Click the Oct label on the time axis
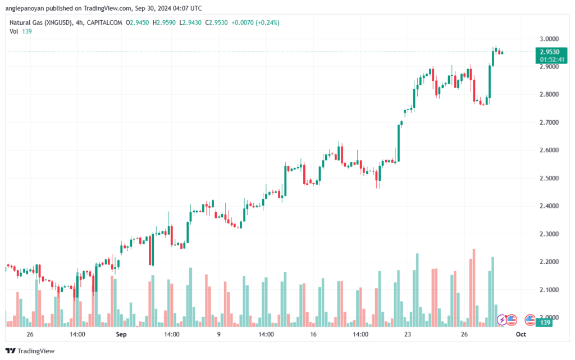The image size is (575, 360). (521, 334)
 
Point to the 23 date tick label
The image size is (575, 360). (408, 334)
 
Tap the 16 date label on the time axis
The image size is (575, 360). (313, 334)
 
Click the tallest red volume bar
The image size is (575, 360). (474, 287)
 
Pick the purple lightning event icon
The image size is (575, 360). (502, 320)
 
